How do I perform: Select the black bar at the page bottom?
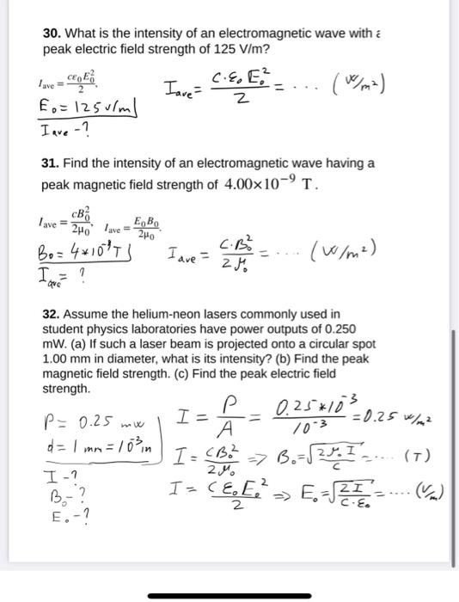point(229,595)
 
